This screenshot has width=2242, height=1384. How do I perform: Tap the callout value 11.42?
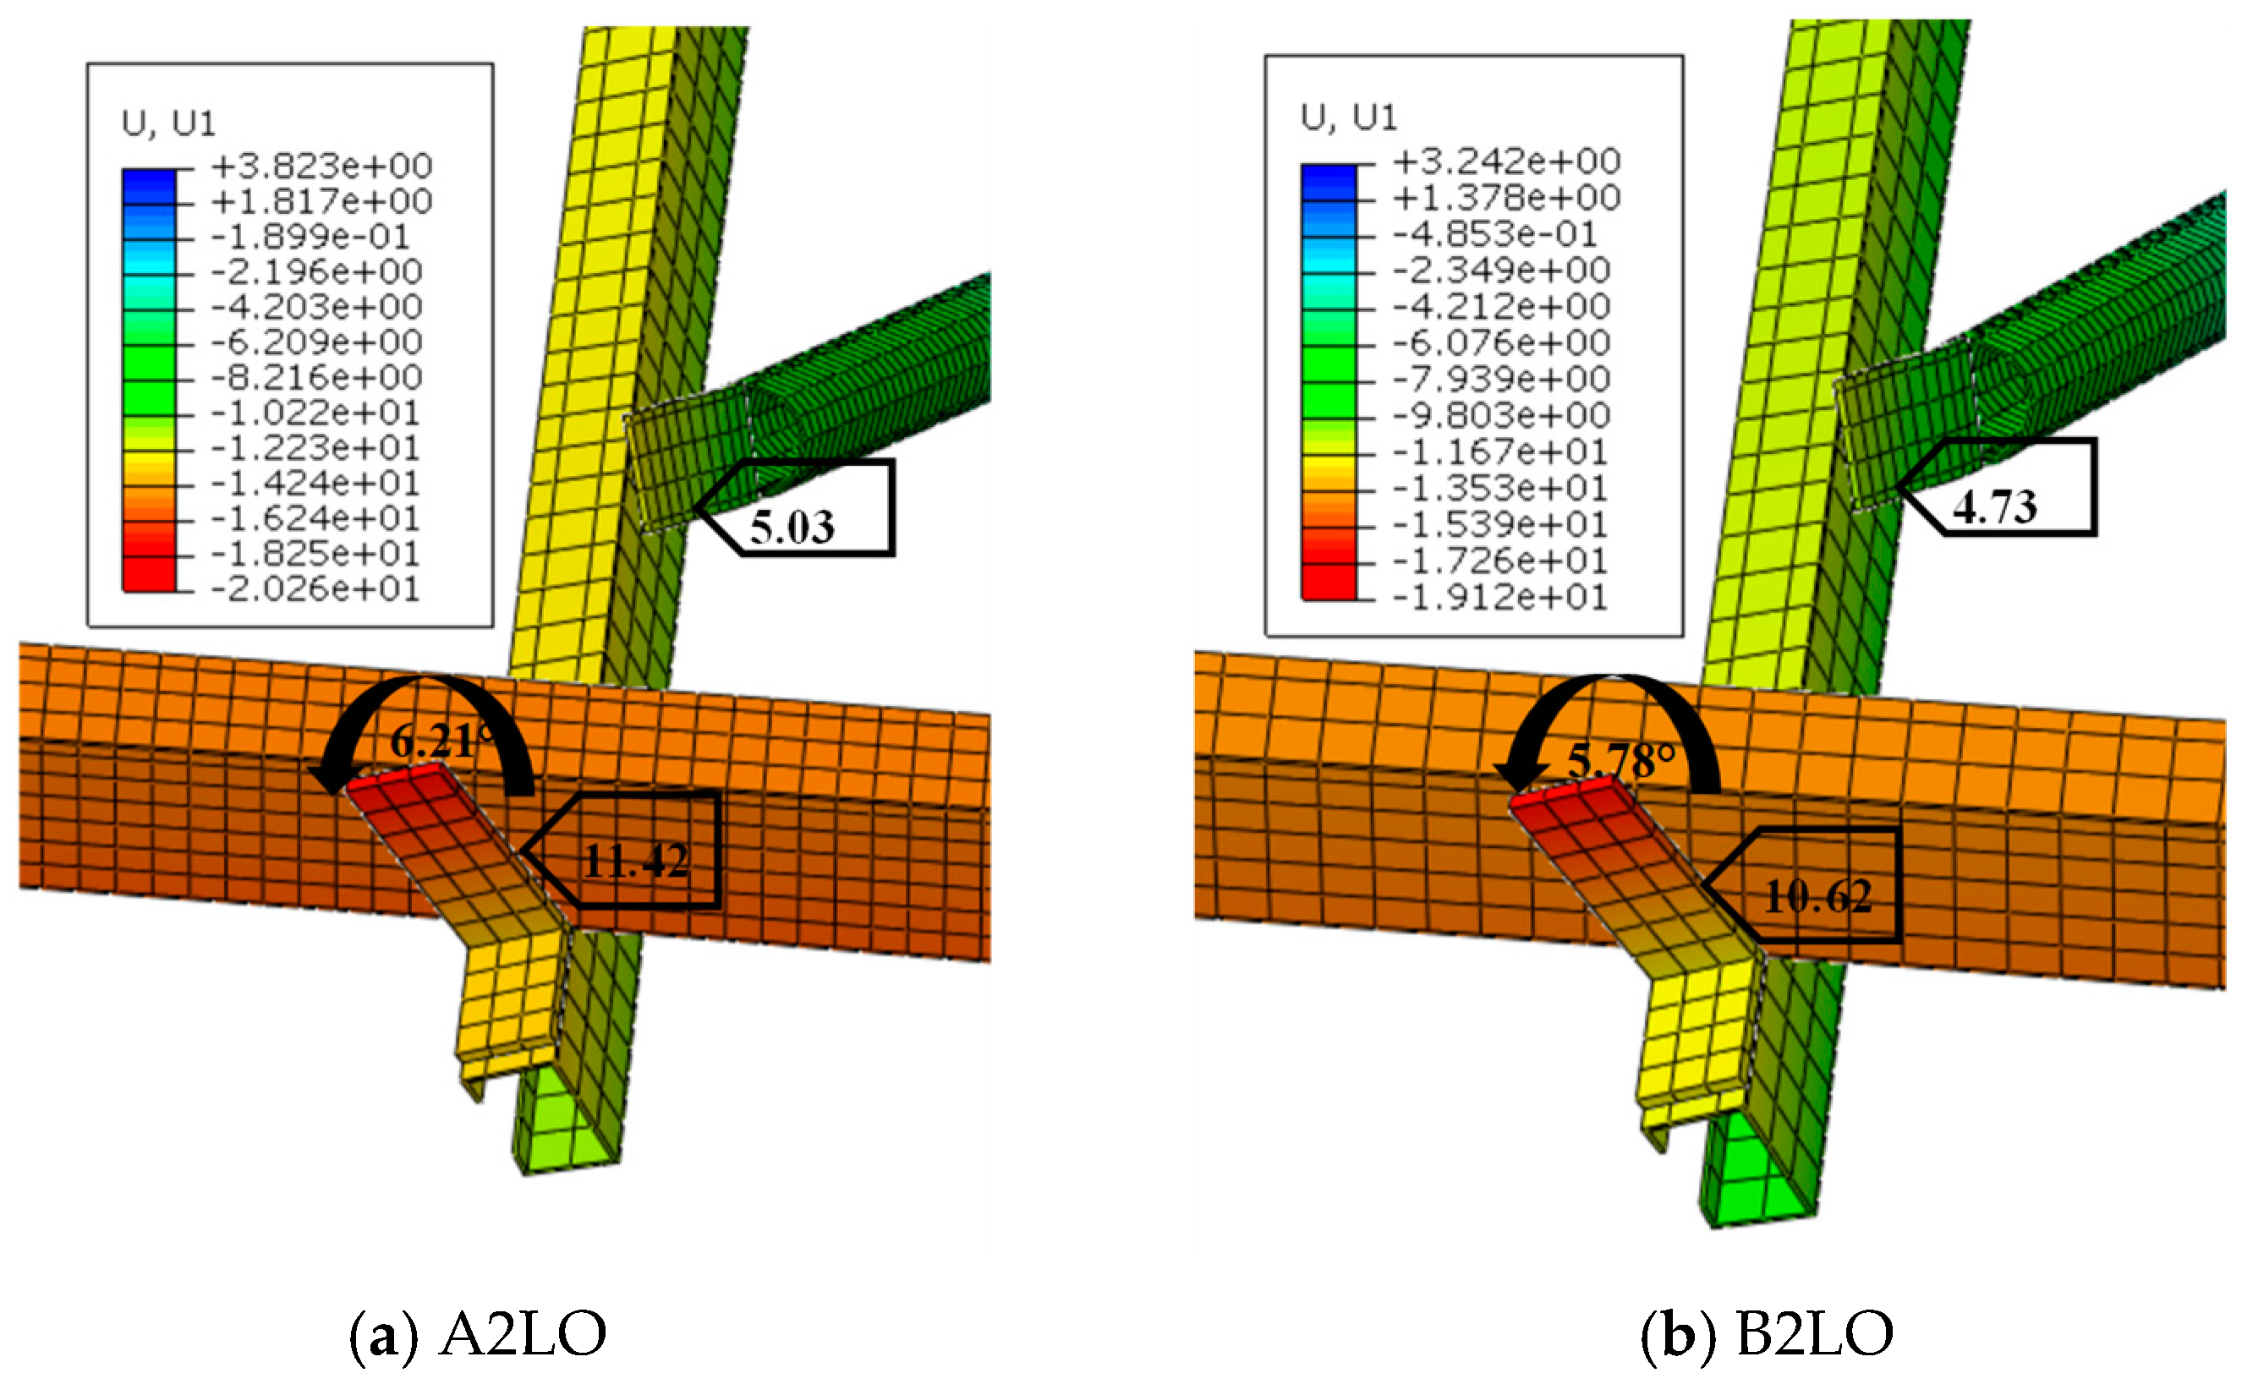tap(635, 861)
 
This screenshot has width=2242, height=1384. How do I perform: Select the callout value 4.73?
tap(1995, 506)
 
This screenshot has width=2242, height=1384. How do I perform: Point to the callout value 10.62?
tap(1817, 896)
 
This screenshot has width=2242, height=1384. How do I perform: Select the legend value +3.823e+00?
tap(321, 166)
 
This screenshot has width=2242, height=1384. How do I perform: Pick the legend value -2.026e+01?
tap(315, 588)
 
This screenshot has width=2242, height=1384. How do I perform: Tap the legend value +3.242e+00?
tap(1506, 161)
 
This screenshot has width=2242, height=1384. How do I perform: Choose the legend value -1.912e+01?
tap(1499, 597)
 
